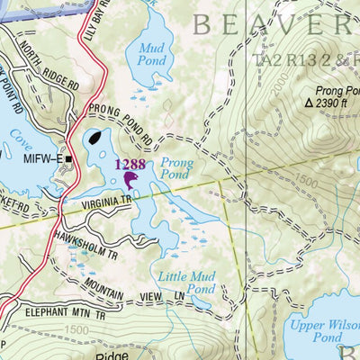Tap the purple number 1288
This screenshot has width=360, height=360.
tap(130, 165)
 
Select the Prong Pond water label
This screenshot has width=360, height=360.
tap(175, 170)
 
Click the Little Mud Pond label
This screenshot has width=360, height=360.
tap(187, 283)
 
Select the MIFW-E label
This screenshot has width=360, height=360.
tap(44, 160)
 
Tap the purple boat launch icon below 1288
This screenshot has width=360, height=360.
tap(132, 181)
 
